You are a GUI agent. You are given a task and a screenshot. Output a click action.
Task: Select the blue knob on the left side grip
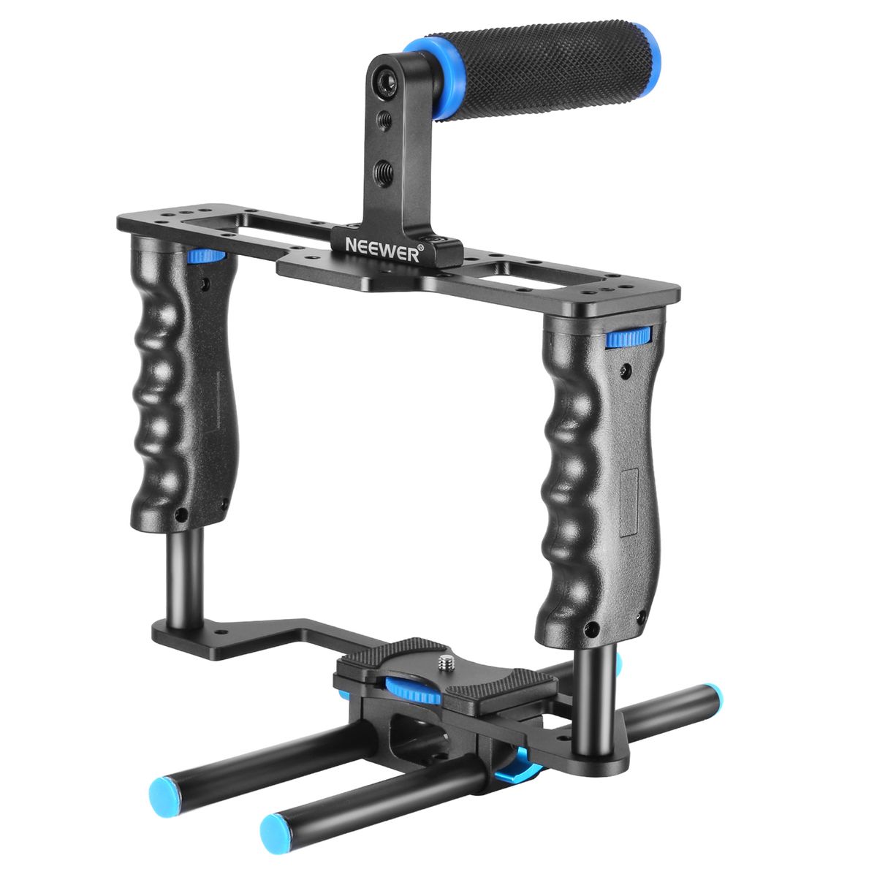(x=207, y=257)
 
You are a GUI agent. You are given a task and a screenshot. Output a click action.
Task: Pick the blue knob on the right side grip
(x=629, y=337)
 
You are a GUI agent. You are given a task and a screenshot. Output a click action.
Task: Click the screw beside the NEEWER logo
(x=437, y=240)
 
